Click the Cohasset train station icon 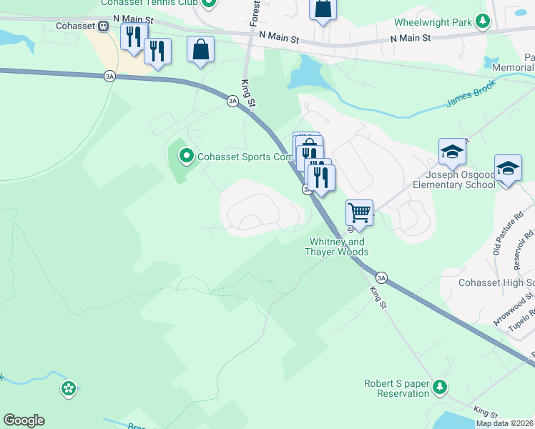(x=103, y=26)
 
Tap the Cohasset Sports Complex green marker (x=186, y=155)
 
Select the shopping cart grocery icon (x=359, y=212)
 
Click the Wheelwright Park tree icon (x=484, y=21)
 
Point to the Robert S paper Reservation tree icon (x=441, y=388)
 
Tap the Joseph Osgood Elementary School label (x=453, y=179)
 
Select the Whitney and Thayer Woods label (x=337, y=247)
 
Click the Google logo (x=24, y=420)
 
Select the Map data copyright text (x=504, y=423)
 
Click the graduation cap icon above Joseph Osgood (x=452, y=152)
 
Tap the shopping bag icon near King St (x=201, y=49)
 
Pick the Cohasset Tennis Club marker (x=209, y=3)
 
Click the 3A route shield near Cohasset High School (x=381, y=277)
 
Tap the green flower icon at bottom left (x=69, y=389)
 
